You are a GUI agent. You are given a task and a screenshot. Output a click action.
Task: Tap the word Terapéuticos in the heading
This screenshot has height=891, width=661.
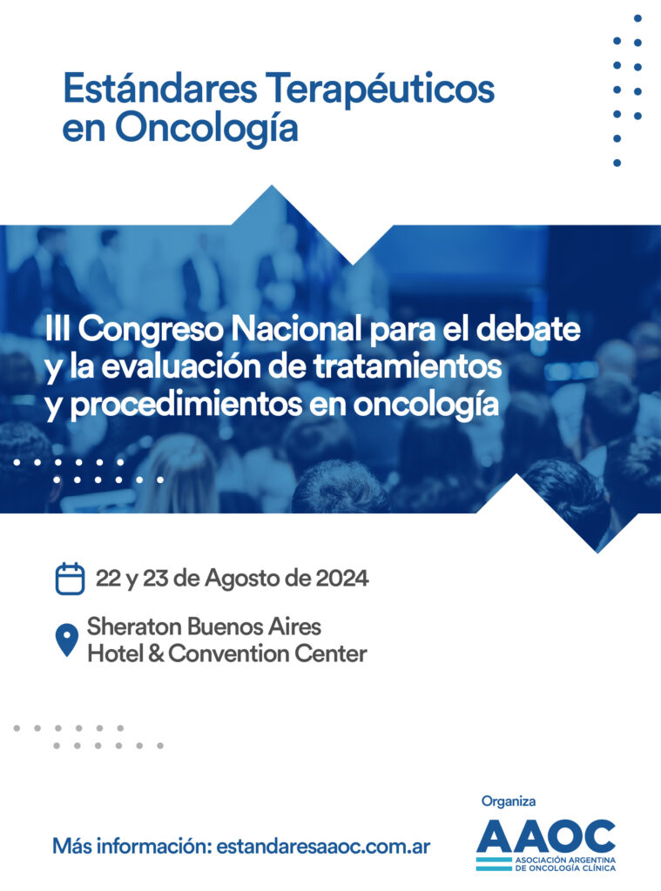click(x=381, y=90)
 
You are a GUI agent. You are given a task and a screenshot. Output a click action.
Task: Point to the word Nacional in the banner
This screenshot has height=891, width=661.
click(x=298, y=328)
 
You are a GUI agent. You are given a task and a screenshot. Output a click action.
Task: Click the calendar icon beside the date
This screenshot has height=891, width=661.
click(x=70, y=579)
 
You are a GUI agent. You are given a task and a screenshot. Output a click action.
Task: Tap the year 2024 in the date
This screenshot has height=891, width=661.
click(x=342, y=579)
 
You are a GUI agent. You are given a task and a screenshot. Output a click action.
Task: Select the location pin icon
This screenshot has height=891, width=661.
click(x=66, y=640)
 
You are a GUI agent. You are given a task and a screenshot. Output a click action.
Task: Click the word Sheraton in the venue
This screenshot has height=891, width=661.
click(x=134, y=626)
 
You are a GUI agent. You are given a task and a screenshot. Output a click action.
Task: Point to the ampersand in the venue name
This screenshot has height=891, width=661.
click(x=155, y=653)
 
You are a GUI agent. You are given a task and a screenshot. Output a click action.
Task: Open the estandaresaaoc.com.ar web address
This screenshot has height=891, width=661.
click(x=323, y=846)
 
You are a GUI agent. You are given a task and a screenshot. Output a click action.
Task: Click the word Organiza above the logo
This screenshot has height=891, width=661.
click(x=509, y=801)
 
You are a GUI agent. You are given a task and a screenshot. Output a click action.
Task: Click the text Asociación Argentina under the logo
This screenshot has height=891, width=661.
click(x=565, y=861)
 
